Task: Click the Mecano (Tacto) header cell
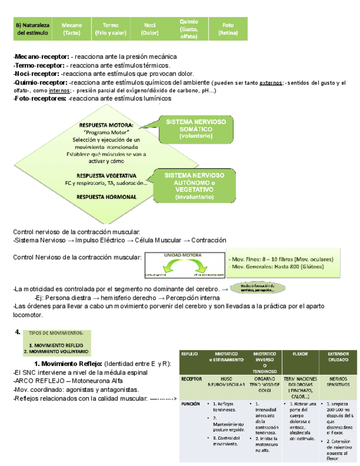click(x=71, y=29)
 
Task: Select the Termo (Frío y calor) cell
click(x=110, y=29)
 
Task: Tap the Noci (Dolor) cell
click(x=149, y=29)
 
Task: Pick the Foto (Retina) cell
click(x=228, y=29)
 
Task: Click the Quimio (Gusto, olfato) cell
click(x=189, y=29)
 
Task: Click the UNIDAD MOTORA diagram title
click(x=182, y=256)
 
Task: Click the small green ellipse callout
click(x=257, y=288)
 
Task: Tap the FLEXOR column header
click(x=300, y=354)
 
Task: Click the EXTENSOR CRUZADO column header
click(x=338, y=358)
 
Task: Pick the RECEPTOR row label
click(x=191, y=379)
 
